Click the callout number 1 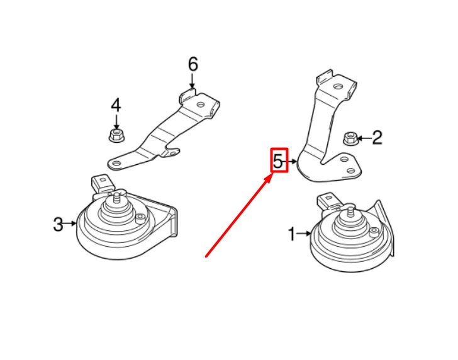tap(291, 235)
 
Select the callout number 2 tap(377, 138)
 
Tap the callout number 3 tap(58, 224)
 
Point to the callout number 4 tap(115, 105)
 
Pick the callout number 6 tap(193, 64)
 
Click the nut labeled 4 tap(115, 134)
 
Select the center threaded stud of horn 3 tap(117, 201)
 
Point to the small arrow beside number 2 tap(364, 138)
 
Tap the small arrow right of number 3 tap(70, 223)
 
